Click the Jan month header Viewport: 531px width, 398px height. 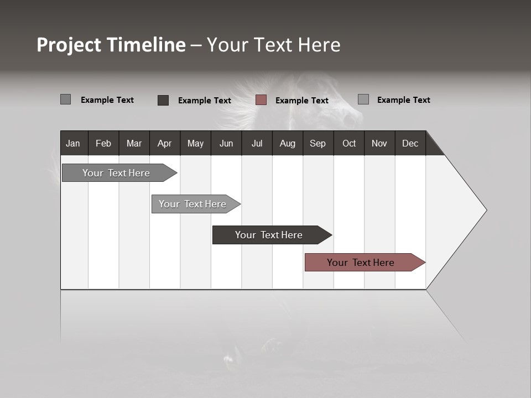tap(73, 143)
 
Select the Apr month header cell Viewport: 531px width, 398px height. tap(164, 143)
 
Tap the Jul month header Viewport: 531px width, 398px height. tap(257, 143)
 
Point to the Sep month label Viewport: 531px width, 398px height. tap(317, 143)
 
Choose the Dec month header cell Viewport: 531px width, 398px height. tap(410, 143)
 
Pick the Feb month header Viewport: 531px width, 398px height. tap(103, 143)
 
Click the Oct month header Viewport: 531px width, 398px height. tap(349, 143)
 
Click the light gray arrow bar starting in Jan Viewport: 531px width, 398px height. tap(116, 173)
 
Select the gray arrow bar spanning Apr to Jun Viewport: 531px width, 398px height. tap(192, 204)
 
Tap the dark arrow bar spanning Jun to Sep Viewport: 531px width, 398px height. tap(269, 235)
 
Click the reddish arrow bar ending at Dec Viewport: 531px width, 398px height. tap(361, 263)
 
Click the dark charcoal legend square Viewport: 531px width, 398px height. tap(163, 100)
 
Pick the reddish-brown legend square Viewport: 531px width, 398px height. tap(261, 100)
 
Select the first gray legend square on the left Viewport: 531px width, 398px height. tap(65, 99)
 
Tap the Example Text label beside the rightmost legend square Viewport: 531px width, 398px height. tap(403, 100)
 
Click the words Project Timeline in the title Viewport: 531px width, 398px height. tap(111, 45)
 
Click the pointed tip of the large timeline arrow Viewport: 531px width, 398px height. tap(485, 210)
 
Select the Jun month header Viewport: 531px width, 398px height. tap(226, 143)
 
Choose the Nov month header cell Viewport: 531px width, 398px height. tap(379, 143)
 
